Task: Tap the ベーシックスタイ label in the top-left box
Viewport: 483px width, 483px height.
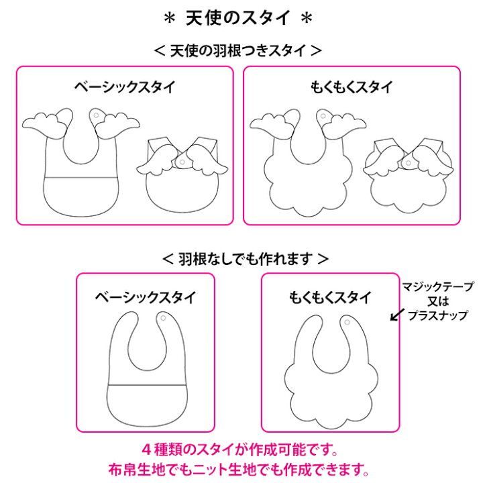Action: pyautogui.click(x=125, y=87)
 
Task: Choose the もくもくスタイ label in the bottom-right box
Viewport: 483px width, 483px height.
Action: pyautogui.click(x=329, y=296)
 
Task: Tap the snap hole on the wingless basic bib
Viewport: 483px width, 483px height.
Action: pyautogui.click(x=163, y=317)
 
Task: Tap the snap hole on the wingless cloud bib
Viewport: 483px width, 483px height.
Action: pyautogui.click(x=347, y=324)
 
